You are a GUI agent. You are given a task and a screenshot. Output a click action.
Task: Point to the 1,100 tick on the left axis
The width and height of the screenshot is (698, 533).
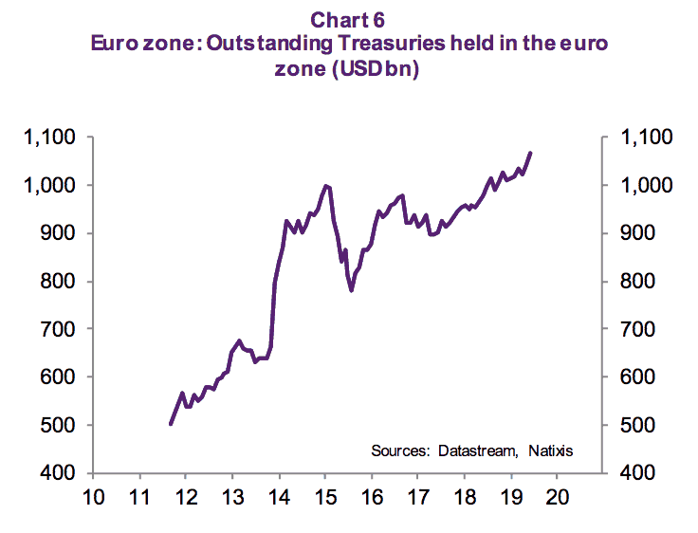click(x=50, y=138)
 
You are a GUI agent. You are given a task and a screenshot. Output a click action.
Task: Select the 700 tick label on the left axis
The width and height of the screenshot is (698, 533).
click(x=61, y=329)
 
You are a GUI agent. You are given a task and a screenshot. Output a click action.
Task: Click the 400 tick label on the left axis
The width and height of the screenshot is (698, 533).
click(x=61, y=472)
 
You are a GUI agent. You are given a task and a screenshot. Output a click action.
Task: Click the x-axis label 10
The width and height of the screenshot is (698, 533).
click(x=93, y=497)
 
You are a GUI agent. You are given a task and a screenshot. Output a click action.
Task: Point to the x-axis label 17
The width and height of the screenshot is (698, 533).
click(x=417, y=497)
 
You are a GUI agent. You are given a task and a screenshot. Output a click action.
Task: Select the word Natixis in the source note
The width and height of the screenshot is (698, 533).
click(x=550, y=450)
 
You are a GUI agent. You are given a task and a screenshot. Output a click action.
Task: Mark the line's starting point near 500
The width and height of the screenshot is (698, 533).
click(x=170, y=424)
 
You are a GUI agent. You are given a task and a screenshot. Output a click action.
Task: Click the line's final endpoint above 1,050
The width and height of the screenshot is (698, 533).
click(x=531, y=152)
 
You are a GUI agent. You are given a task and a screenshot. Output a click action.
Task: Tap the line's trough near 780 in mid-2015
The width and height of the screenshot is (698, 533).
click(x=352, y=290)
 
